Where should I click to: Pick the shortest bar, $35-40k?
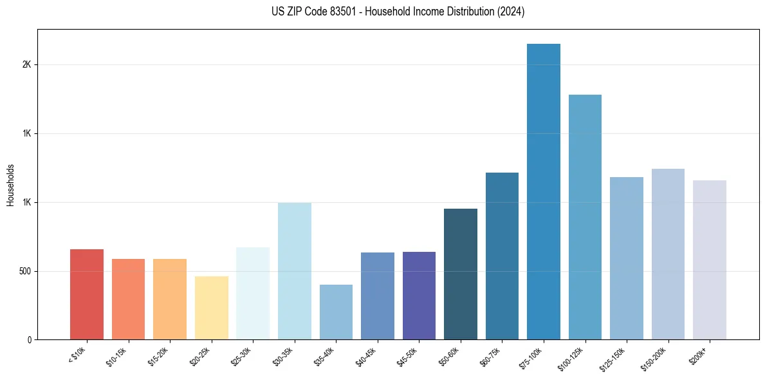pos(336,312)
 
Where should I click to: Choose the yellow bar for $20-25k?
pos(211,308)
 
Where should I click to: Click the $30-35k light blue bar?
pos(294,271)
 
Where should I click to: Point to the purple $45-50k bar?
pos(419,296)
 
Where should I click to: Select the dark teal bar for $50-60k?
pos(461,274)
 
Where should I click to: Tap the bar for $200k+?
pos(710,260)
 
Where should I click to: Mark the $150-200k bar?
pos(668,254)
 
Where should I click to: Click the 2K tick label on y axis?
pos(26,65)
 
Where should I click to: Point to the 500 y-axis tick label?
pos(24,271)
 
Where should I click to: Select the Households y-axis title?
pos(11,185)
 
